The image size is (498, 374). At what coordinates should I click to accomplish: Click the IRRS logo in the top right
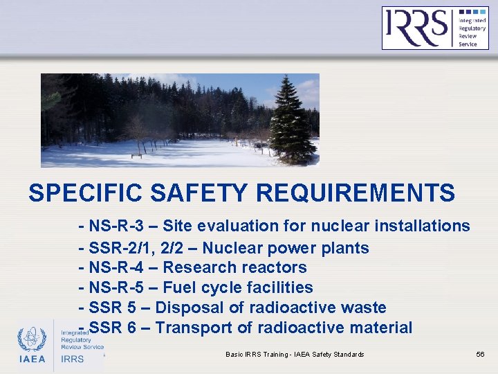point(435,28)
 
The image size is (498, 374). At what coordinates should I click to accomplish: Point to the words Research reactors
point(234,267)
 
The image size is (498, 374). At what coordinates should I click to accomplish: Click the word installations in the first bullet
point(425,226)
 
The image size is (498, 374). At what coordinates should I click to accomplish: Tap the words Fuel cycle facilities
point(238,287)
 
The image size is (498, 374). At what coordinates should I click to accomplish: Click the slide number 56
point(480,355)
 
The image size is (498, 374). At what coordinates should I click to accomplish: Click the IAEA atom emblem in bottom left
point(32,340)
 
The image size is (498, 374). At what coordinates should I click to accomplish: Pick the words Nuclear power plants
point(285,248)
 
